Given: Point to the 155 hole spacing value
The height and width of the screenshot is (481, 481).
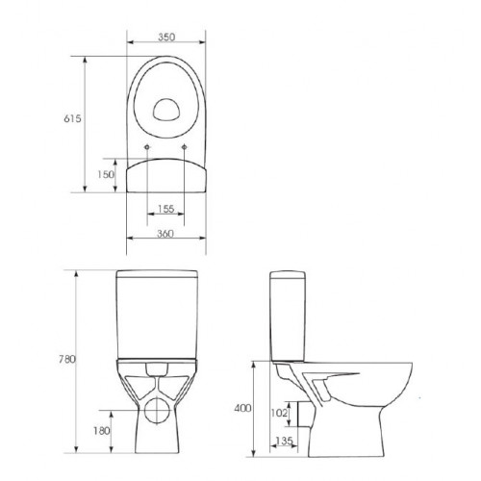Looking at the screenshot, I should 165,209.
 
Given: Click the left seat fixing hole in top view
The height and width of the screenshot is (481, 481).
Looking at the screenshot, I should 145,146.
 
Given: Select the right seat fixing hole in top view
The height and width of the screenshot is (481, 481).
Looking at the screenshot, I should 184,146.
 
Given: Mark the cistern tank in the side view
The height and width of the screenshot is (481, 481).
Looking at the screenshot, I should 286,313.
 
